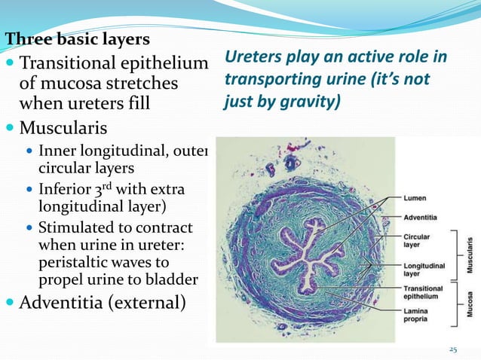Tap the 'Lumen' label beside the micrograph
[x=415, y=198]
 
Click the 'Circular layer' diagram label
[x=418, y=240]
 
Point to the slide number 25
[x=453, y=349]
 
